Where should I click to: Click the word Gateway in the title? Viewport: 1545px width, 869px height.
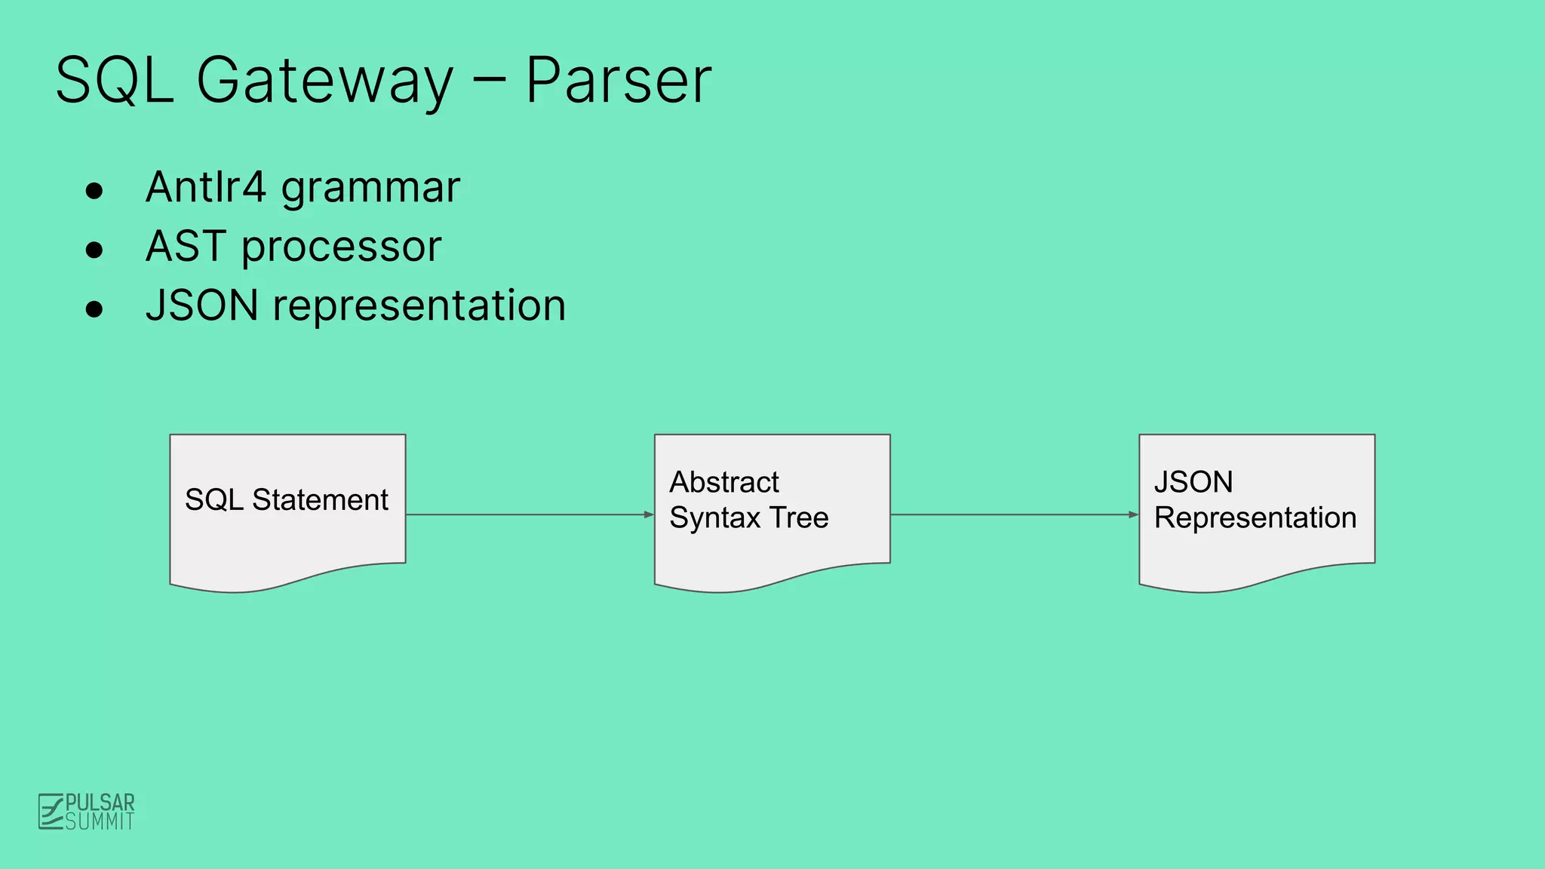tap(324, 81)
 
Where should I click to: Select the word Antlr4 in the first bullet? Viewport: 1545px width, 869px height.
tap(206, 187)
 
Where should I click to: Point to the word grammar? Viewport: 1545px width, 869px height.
tap(370, 189)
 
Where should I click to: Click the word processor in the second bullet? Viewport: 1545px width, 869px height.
tap(341, 247)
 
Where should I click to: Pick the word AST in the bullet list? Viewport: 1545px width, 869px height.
tap(186, 246)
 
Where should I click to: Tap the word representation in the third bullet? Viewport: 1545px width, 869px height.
tap(419, 306)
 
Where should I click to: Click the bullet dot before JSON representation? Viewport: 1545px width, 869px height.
tap(94, 309)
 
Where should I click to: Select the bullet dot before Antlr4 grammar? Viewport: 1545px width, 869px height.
tap(94, 191)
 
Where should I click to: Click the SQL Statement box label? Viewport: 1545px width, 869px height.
tap(287, 499)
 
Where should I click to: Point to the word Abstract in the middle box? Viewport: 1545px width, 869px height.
tap(724, 482)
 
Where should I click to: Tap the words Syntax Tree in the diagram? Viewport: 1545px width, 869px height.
tap(749, 518)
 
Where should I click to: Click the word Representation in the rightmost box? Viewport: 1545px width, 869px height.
tap(1255, 518)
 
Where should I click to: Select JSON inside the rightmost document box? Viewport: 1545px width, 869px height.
tap(1193, 482)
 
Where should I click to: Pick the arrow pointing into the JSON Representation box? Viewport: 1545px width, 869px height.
tap(1014, 514)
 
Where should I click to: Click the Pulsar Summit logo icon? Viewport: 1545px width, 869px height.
tap(51, 812)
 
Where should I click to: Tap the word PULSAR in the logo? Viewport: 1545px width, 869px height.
tap(100, 802)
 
